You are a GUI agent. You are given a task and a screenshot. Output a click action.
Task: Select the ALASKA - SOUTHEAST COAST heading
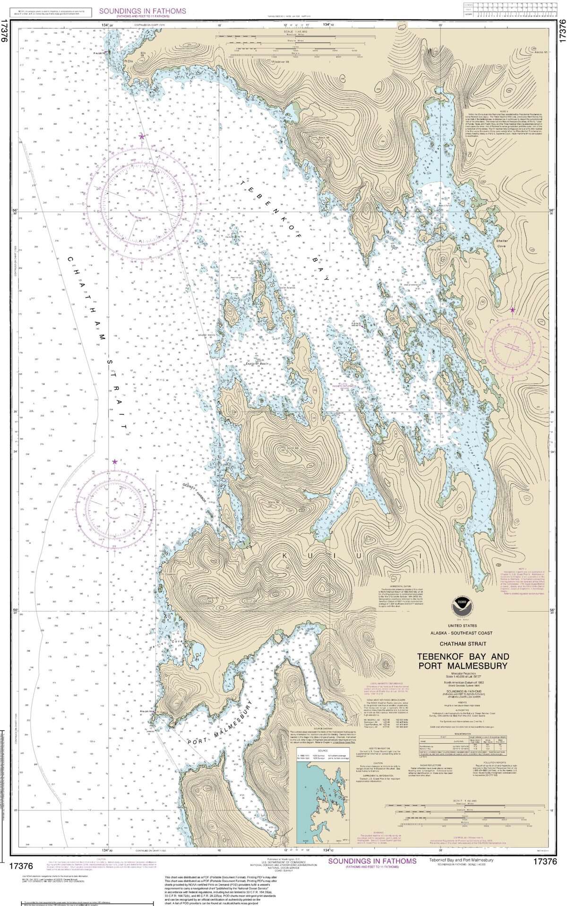461,633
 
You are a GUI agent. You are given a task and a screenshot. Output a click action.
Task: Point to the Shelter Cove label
501,243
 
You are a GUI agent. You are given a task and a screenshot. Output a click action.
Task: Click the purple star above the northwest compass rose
142,137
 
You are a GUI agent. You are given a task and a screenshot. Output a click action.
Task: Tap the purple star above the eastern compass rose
513,310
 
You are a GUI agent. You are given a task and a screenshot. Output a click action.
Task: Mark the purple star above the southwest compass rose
115,461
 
